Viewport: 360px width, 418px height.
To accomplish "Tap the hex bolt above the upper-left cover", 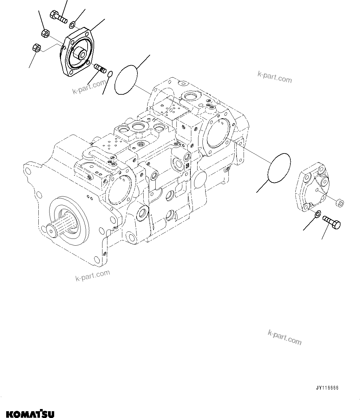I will [x=58, y=16].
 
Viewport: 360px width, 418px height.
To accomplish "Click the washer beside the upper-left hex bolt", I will [x=72, y=24].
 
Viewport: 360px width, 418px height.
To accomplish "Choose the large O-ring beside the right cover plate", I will [x=280, y=167].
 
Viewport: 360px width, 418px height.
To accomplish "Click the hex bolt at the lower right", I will [x=332, y=222].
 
